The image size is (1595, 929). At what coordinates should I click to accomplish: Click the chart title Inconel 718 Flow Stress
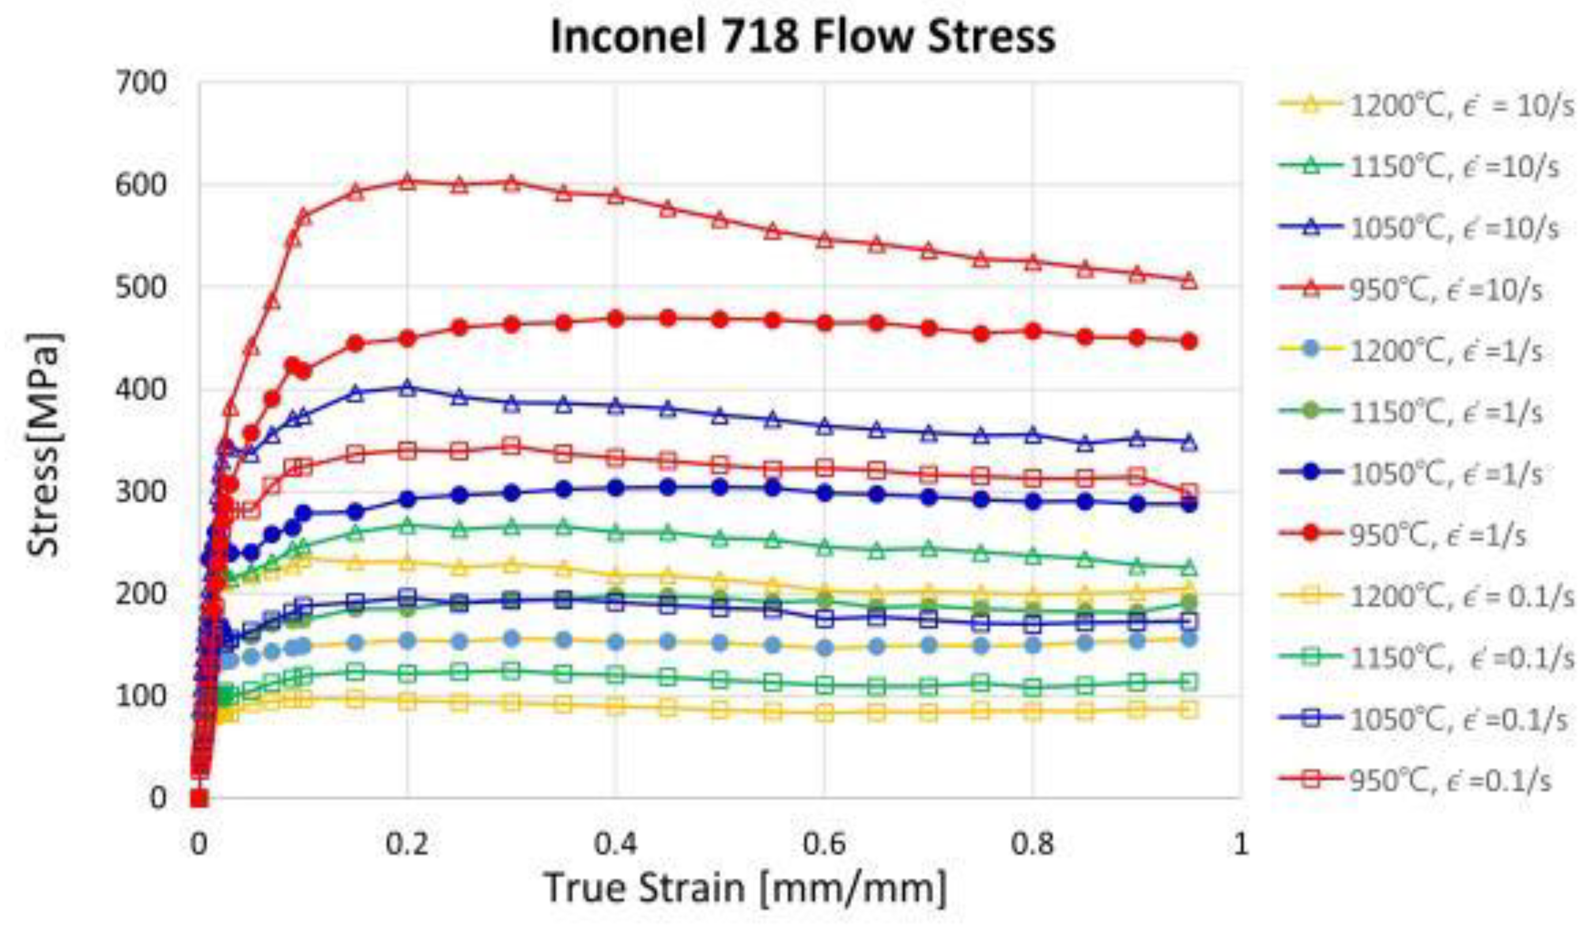803,36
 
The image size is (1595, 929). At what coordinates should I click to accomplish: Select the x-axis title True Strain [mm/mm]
746,888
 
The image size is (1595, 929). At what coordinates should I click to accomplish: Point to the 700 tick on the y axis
141,83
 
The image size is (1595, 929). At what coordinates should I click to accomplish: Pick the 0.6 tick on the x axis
823,844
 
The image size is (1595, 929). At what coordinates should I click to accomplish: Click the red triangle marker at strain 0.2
407,182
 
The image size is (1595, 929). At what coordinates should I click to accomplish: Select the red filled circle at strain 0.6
824,323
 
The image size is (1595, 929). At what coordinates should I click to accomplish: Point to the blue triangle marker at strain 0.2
407,388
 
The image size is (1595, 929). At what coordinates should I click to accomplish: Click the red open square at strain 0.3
512,446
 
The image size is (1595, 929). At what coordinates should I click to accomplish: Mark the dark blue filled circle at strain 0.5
720,488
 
